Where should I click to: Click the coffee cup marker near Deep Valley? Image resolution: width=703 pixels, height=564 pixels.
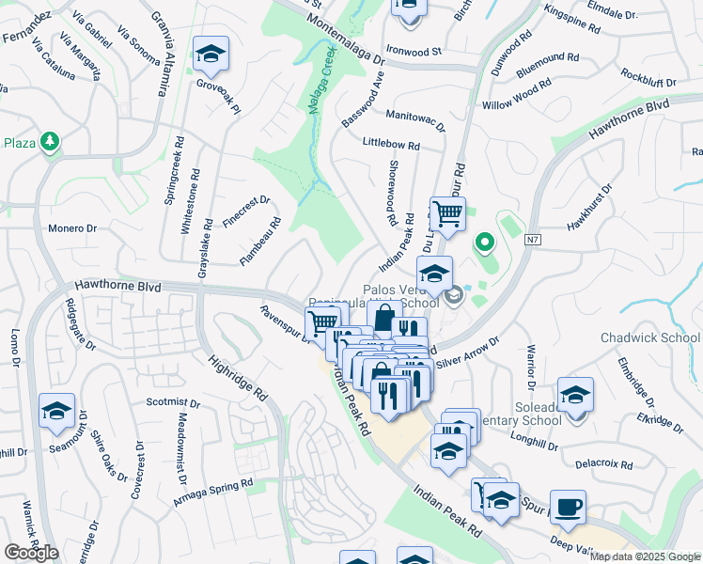568,509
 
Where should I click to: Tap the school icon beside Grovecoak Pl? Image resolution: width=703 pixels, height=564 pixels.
211,55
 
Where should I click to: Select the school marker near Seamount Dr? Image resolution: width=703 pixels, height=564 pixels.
56,412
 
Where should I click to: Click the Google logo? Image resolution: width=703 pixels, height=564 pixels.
31,553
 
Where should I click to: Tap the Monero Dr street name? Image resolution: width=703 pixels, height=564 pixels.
73,228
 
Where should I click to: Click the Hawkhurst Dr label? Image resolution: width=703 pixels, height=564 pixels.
589,210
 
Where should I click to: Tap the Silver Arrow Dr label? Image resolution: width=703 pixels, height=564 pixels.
467,358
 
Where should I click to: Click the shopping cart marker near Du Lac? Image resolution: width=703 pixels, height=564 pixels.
447,214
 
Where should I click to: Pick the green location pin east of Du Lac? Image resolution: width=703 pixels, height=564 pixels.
484,244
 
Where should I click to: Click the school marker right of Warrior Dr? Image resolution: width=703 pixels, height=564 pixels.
575,396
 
